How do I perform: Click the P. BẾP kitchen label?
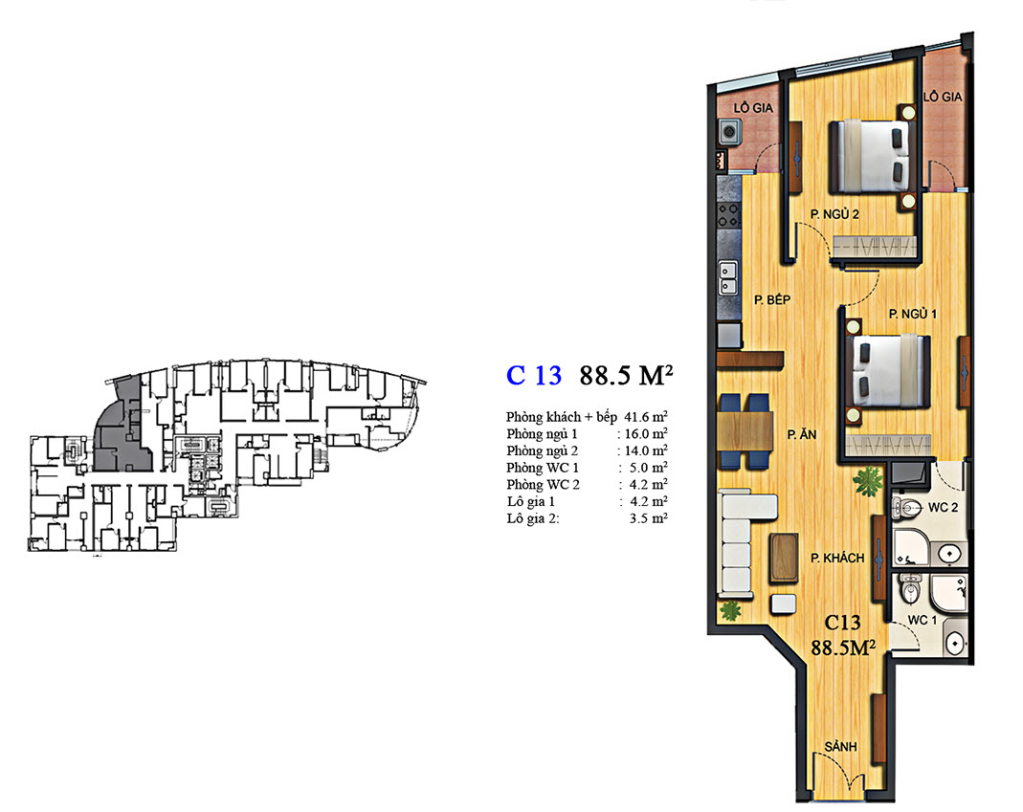(x=772, y=300)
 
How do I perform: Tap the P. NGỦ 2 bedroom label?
(x=834, y=214)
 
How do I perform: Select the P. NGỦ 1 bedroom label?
(x=913, y=314)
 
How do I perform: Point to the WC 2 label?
(x=943, y=508)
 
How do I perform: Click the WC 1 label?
(x=922, y=620)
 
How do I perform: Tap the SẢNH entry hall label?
(x=840, y=747)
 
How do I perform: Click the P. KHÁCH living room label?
(x=837, y=559)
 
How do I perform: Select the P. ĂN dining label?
(x=801, y=434)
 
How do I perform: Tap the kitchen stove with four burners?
(x=729, y=215)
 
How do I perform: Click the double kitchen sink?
(x=728, y=278)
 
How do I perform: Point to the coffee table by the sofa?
(x=784, y=557)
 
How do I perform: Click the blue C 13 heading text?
(x=534, y=376)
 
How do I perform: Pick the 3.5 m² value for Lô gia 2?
(x=649, y=518)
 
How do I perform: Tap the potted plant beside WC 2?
(x=868, y=481)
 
